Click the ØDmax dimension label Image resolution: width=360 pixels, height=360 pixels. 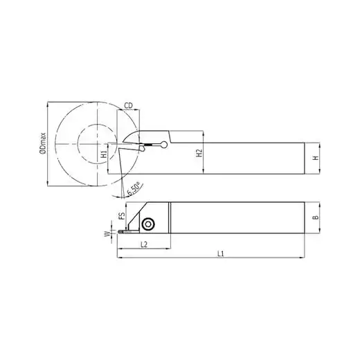[x=43, y=143]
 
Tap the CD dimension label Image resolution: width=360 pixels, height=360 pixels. [x=129, y=106]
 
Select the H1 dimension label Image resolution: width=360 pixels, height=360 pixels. [x=105, y=154]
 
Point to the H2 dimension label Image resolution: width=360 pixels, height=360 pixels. [x=199, y=153]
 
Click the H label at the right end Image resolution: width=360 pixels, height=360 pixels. [x=316, y=158]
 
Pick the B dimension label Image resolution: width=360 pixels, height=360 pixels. [x=316, y=217]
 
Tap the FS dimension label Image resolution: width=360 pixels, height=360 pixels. [x=122, y=216]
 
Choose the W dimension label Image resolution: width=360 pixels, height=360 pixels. [x=107, y=234]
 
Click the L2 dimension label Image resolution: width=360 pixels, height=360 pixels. [x=144, y=244]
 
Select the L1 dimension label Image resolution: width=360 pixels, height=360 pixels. [x=221, y=254]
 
